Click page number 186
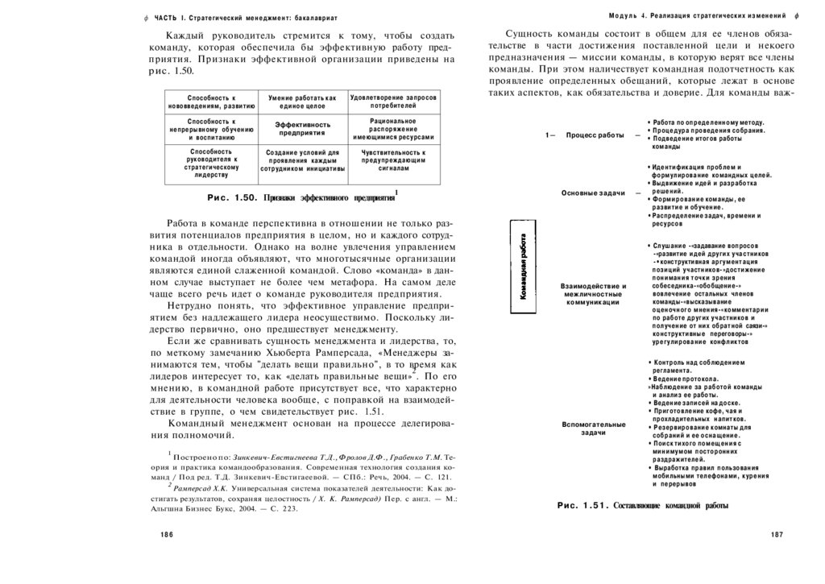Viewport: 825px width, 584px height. coord(167,535)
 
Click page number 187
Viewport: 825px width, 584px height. coord(777,535)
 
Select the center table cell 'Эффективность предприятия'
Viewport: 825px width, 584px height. coord(302,129)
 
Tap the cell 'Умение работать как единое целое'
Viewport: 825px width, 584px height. coord(302,101)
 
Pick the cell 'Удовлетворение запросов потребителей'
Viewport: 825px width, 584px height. coord(394,101)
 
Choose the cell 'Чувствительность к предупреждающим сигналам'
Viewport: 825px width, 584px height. coord(394,160)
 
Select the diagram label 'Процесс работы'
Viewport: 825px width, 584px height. coord(595,135)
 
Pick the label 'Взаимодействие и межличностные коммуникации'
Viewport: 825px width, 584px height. coord(594,294)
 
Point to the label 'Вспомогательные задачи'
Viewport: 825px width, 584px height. coord(594,429)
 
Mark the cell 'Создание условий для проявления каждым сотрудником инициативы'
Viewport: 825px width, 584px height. coord(302,160)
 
